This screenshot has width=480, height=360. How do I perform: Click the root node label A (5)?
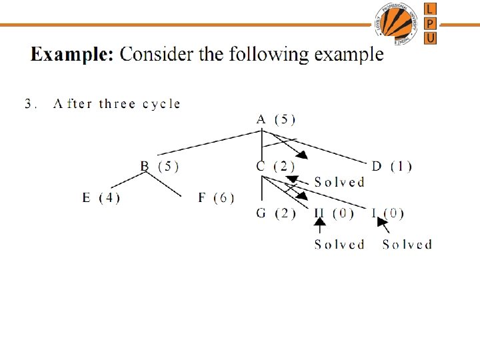tap(276, 119)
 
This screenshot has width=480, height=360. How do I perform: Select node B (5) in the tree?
tap(159, 166)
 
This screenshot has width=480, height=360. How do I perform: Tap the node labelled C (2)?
tap(275, 166)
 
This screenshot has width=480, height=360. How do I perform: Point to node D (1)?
tap(391, 166)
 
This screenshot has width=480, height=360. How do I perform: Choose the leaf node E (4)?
tap(101, 197)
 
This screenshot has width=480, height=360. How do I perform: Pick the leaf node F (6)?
tap(216, 197)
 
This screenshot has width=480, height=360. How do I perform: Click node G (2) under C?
tap(275, 213)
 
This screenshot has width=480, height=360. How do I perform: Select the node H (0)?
tap(333, 213)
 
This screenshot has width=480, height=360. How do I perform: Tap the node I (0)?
tap(387, 213)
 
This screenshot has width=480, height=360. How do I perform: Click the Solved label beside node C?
tap(339, 181)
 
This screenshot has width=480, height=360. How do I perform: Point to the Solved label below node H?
tap(339, 245)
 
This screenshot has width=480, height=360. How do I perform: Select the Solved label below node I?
tap(407, 245)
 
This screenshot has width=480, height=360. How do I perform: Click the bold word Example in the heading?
tap(72, 54)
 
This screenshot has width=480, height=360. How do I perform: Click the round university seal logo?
tap(397, 23)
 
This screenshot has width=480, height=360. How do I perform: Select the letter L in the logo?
tap(431, 9)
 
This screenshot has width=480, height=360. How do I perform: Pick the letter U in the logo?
tap(431, 37)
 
